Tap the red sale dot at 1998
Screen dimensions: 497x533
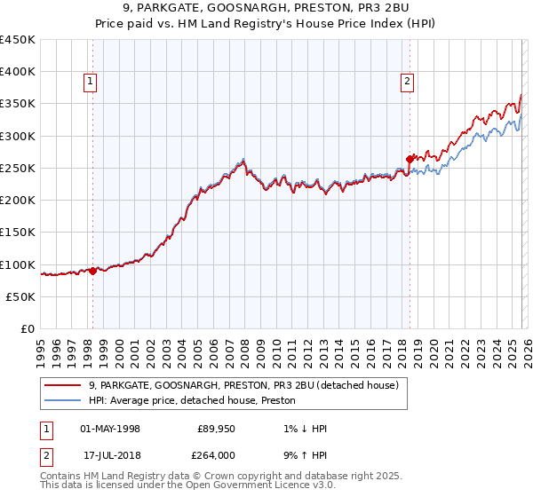point(92,272)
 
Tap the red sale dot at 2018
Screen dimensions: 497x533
point(410,159)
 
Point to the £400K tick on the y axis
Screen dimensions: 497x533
point(18,71)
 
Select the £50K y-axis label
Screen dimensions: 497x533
point(21,296)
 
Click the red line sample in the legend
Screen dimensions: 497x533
point(62,385)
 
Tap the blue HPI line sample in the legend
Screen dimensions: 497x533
point(62,401)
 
